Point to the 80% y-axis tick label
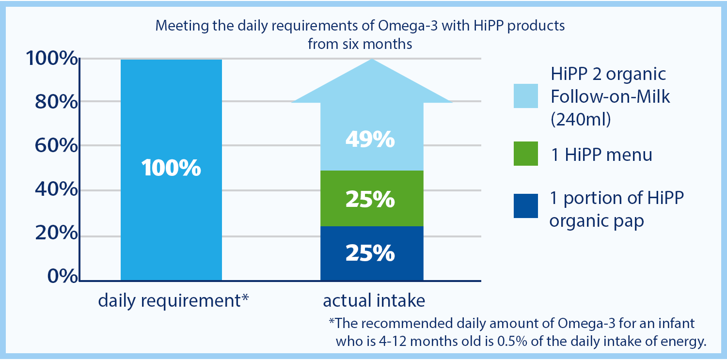tap(56, 103)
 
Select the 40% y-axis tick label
tap(56, 190)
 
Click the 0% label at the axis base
tap(62, 276)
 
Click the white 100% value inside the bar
tap(171, 168)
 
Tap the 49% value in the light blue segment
tap(370, 141)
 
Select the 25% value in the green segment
tap(370, 200)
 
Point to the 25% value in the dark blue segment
tap(370, 253)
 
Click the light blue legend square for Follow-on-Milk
tap(526, 95)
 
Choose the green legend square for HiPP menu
tap(526, 154)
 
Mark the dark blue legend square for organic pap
tap(526, 206)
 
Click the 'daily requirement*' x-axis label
tap(174, 301)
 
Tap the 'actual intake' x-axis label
tap(374, 301)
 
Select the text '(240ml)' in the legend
tap(580, 119)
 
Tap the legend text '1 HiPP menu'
tap(601, 155)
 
